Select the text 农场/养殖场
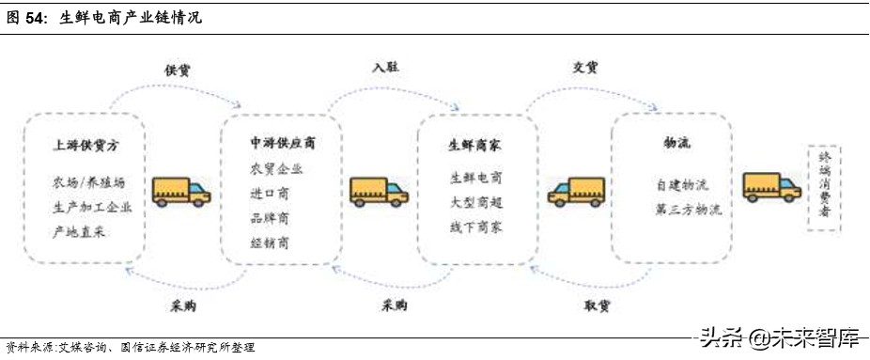pos(87,181)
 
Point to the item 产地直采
pos(84,231)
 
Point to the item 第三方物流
pos(689,210)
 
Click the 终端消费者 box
pos(825,188)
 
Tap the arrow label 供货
pos(179,70)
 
